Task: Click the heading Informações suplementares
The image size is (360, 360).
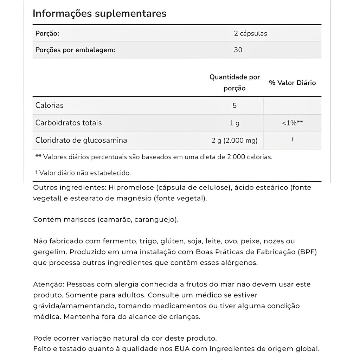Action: point(99,13)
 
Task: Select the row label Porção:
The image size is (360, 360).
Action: point(47,33)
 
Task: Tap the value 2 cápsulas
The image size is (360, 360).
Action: point(250,33)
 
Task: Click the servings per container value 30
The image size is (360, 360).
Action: point(238,50)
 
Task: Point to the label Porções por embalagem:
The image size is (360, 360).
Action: point(75,50)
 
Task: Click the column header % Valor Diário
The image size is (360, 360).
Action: point(292,83)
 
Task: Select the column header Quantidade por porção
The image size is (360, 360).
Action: point(234,82)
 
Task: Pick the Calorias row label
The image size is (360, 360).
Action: point(50,105)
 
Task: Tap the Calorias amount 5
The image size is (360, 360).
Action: point(234,105)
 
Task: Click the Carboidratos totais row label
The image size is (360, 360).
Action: point(69,123)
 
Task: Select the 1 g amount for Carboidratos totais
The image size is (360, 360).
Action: point(234,123)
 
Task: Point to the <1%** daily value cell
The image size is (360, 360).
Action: point(292,123)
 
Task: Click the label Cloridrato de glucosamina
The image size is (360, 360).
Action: point(81,140)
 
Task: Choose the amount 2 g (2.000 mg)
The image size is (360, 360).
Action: point(234,140)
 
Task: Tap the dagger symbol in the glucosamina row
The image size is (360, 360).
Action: point(292,140)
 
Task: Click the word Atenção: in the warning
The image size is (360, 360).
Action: point(49,284)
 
